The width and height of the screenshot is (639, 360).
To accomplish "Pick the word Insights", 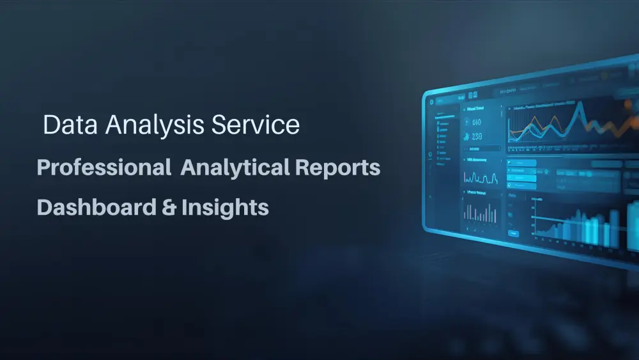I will coord(224,208).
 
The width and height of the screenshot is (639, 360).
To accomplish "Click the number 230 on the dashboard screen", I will coord(477,136).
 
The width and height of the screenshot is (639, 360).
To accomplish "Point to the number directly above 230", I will coord(477,121).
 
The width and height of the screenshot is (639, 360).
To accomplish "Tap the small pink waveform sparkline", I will coord(479,177).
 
